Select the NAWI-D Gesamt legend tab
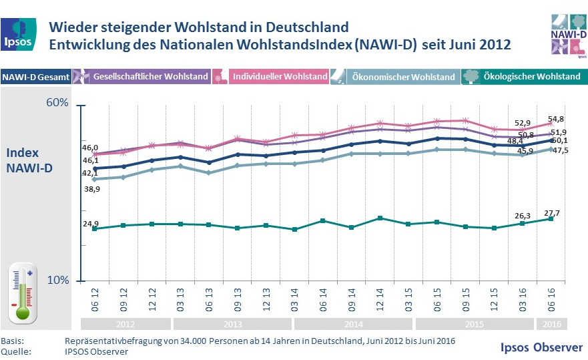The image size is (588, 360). (36, 77)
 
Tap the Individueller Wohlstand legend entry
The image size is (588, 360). (271, 77)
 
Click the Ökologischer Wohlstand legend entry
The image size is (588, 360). (525, 77)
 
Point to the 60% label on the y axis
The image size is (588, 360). (57, 103)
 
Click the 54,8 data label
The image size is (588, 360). (557, 120)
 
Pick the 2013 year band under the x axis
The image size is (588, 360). (232, 324)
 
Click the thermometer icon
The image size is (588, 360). (22, 293)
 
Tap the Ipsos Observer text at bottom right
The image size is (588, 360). (541, 347)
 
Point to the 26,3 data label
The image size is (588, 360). (523, 216)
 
